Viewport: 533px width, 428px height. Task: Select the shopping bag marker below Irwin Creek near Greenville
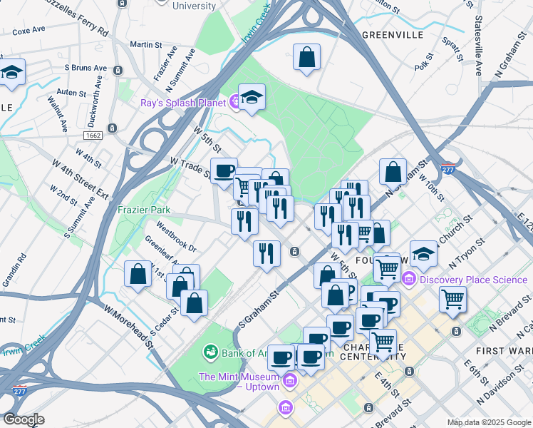pos(306,58)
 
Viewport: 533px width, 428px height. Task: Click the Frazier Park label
pos(144,210)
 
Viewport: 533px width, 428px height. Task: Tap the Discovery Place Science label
pos(472,280)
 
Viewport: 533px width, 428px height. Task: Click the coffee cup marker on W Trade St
pos(224,171)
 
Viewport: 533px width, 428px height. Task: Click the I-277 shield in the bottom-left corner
pos(18,391)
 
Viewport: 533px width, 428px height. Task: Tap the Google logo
pos(24,419)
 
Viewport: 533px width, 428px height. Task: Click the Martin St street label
pos(147,45)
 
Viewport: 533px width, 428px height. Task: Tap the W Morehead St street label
pos(130,325)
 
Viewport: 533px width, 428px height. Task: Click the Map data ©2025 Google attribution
pos(488,422)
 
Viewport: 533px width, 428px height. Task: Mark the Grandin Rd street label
pos(14,270)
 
